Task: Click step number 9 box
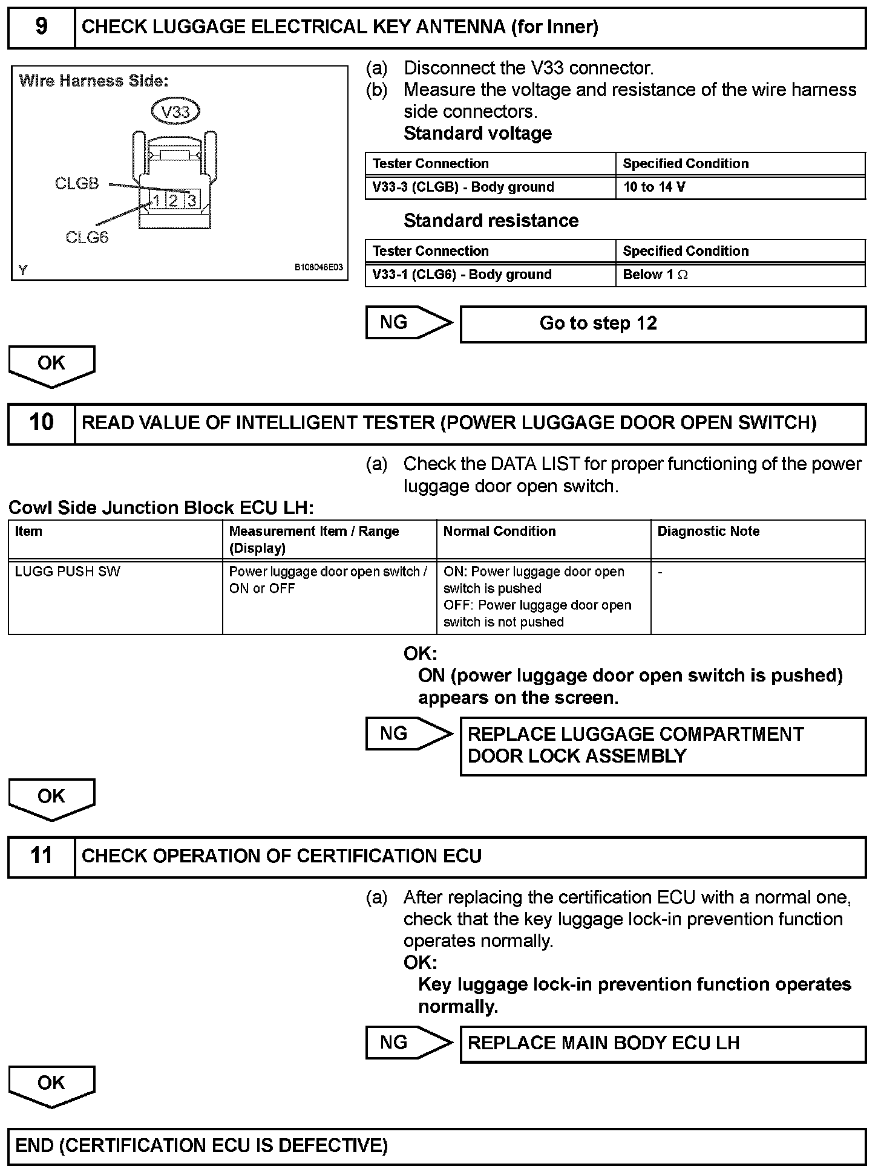(x=41, y=27)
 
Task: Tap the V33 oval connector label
(x=175, y=111)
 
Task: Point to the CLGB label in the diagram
(x=77, y=184)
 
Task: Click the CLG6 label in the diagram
(x=87, y=238)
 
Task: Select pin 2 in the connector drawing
(x=174, y=201)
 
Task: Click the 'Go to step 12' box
(x=663, y=324)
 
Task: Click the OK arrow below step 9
(x=51, y=365)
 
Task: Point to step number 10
(x=41, y=423)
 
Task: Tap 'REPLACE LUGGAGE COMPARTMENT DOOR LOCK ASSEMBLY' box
(x=663, y=746)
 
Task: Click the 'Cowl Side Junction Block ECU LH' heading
(x=161, y=508)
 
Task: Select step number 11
(x=41, y=856)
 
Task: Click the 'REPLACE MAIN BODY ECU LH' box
(x=663, y=1043)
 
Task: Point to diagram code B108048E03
(x=319, y=267)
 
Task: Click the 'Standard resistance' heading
(x=491, y=221)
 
